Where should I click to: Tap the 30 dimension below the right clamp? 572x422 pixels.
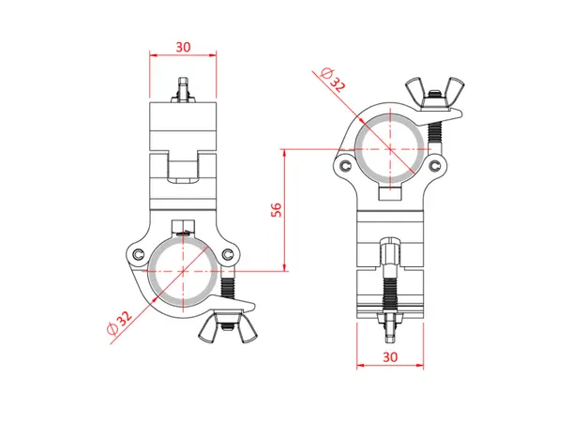tap(390, 357)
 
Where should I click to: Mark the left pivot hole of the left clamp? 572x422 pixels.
tap(138, 255)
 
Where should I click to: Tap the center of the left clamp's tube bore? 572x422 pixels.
tap(183, 272)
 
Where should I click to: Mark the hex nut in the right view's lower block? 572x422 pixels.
tap(390, 253)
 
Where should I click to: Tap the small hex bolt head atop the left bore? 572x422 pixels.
tap(183, 228)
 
